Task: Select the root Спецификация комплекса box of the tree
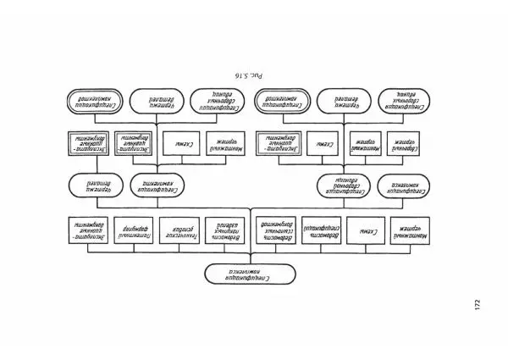point(251,274)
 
